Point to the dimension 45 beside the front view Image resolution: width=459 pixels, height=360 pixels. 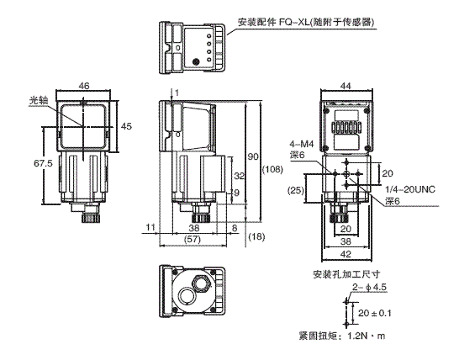pyautogui.click(x=126, y=125)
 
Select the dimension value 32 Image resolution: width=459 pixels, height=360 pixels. pyautogui.click(x=238, y=177)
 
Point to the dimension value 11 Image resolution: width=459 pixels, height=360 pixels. pyautogui.click(x=149, y=227)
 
